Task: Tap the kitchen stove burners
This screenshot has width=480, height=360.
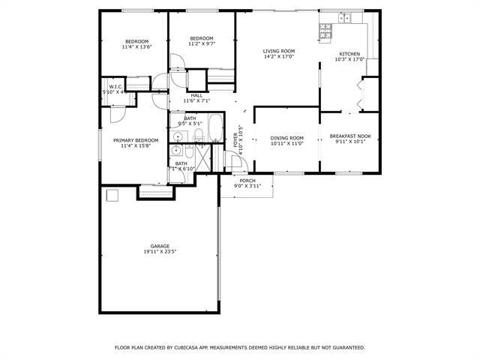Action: click(325, 30)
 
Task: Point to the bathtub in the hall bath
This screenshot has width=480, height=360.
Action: click(214, 128)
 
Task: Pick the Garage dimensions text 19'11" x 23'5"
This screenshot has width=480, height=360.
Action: click(160, 252)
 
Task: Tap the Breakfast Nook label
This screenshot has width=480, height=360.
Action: click(350, 136)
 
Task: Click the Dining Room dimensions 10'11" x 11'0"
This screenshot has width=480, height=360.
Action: click(287, 143)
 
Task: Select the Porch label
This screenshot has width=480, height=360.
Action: click(247, 181)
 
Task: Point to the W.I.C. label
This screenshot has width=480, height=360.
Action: click(115, 87)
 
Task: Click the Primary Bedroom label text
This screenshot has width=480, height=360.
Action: click(136, 140)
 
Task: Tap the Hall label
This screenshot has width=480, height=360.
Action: click(196, 95)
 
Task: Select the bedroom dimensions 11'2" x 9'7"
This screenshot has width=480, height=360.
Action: click(202, 44)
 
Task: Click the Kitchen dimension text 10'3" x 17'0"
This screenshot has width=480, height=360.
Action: click(349, 59)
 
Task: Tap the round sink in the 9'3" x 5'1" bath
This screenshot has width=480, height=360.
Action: click(177, 136)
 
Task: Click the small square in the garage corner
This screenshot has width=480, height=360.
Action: click(112, 196)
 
